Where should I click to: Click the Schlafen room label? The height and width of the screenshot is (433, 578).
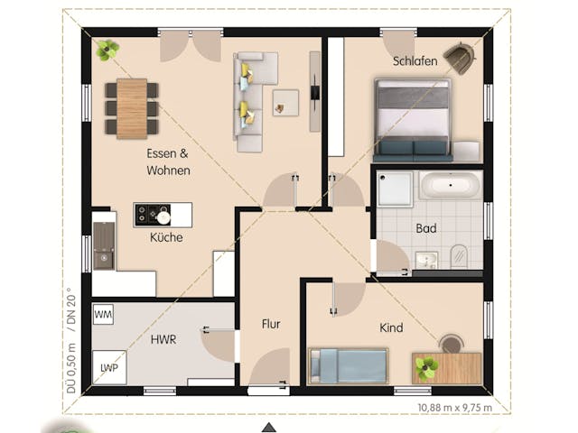pos(415,61)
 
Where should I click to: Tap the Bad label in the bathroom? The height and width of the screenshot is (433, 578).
pos(426,228)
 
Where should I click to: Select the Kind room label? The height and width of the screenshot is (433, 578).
pos(391,327)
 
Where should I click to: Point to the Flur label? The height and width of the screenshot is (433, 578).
pos(272,324)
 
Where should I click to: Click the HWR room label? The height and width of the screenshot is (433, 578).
pos(163,339)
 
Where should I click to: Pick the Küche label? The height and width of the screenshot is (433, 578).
pos(166,237)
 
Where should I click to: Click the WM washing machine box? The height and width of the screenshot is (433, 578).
pos(104,314)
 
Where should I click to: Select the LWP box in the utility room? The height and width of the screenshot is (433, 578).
pos(109,367)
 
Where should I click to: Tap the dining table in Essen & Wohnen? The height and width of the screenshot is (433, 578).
pos(132,108)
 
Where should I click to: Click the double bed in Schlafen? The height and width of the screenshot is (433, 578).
pos(413,119)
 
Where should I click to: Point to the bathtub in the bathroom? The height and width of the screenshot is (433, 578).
pos(450,187)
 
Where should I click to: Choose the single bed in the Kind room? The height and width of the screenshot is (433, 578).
pos(350,365)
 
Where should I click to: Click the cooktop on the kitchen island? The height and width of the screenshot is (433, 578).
pos(145,215)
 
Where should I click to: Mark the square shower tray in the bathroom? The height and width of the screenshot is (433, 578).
pos(395,188)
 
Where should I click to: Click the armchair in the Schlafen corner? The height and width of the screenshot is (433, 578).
pos(460,60)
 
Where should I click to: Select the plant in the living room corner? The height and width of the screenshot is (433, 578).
pos(108,50)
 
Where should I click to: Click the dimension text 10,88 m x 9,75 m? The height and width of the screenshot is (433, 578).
pos(455,407)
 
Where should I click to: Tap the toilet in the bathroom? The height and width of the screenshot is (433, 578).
pos(458,255)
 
